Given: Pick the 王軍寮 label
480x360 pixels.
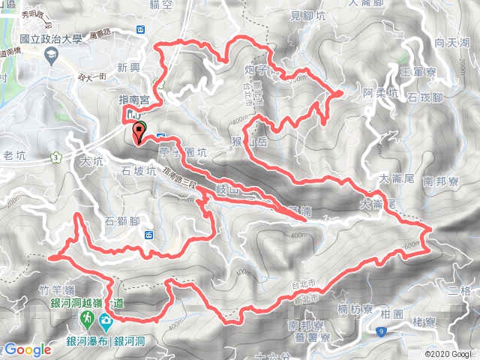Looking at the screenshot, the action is tap(418, 72).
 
